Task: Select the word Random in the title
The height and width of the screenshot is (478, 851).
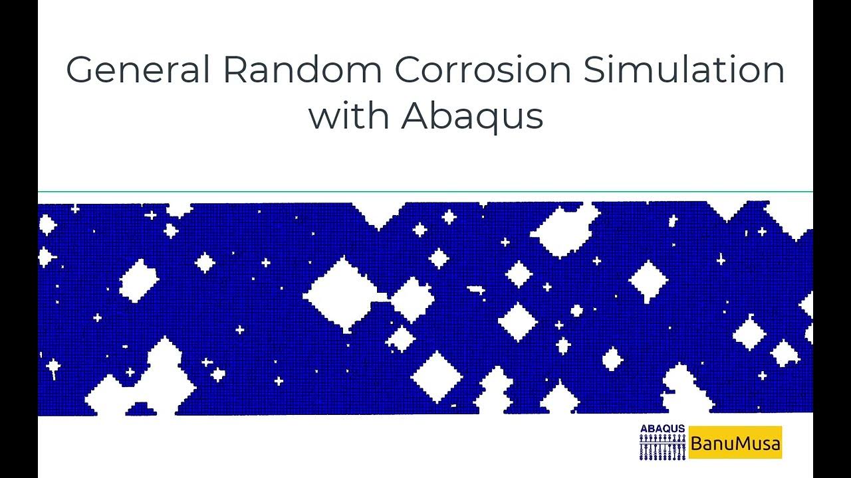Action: [x=302, y=70]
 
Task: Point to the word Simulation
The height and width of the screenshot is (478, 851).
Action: [x=684, y=70]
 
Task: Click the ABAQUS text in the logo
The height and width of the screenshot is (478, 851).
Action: [x=662, y=430]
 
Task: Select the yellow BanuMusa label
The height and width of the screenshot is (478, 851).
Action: [x=735, y=443]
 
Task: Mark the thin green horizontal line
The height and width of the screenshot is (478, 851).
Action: [x=425, y=192]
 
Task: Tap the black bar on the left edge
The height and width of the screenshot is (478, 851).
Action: [x=19, y=239]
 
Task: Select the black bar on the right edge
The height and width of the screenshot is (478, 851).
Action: [x=832, y=239]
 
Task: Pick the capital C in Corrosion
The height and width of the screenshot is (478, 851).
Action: [x=410, y=70]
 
